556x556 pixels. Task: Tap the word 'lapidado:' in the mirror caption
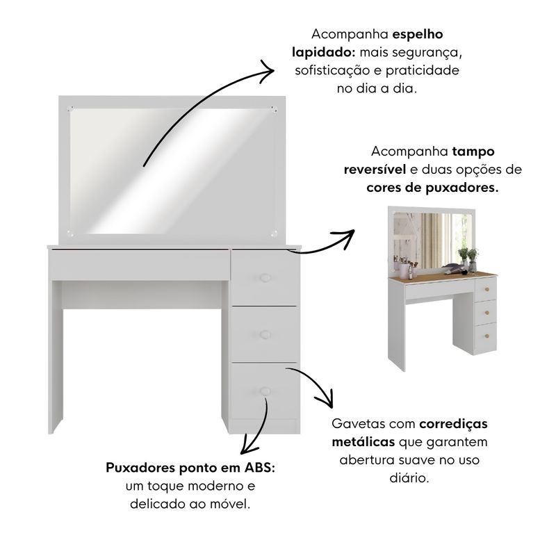324,53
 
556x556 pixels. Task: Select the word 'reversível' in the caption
375,170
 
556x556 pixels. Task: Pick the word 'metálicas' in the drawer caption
363,442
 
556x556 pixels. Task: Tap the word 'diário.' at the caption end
409,478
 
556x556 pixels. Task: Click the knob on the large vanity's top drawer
265,277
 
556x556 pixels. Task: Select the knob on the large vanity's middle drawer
265,334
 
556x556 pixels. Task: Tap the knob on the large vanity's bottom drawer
265,391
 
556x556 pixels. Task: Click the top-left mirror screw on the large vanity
71,108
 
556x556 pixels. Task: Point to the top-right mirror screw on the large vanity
274,109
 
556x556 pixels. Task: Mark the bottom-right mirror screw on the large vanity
274,234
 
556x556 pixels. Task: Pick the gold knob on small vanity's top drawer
487,289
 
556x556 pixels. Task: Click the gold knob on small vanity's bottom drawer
487,336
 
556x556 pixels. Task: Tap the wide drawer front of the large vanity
139,265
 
